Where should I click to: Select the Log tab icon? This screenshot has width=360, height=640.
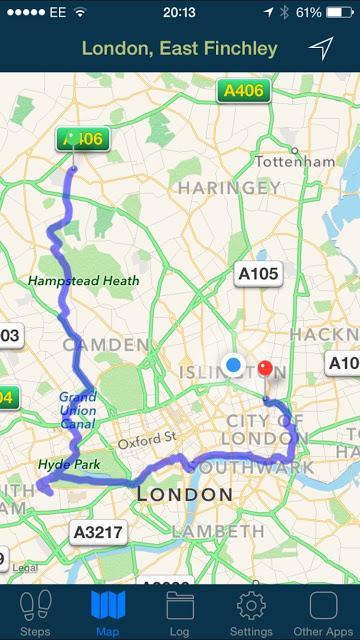pyautogui.click(x=180, y=612)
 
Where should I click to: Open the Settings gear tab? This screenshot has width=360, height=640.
pyautogui.click(x=250, y=612)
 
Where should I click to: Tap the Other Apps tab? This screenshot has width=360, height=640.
pyautogui.click(x=323, y=612)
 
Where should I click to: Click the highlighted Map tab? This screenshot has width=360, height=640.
pyautogui.click(x=108, y=612)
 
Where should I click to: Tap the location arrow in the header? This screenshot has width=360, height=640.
pyautogui.click(x=320, y=48)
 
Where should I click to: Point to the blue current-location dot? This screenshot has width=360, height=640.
pyautogui.click(x=234, y=365)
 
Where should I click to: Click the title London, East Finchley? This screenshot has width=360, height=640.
pyautogui.click(x=179, y=48)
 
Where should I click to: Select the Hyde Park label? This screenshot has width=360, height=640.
pyautogui.click(x=64, y=464)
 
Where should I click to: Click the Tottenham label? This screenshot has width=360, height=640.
pyautogui.click(x=294, y=161)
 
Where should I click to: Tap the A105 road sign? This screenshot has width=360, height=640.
pyautogui.click(x=258, y=273)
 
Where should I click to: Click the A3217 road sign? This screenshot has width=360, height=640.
pyautogui.click(x=99, y=532)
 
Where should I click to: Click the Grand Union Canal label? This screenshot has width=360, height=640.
pyautogui.click(x=77, y=409)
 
